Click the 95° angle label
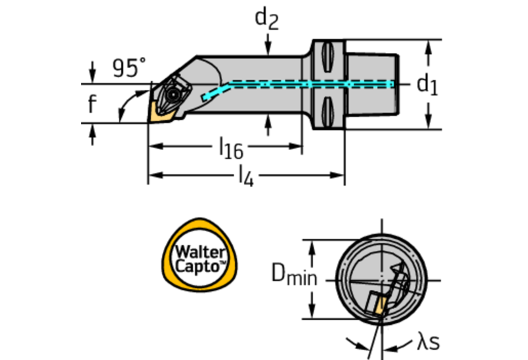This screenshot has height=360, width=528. pyautogui.click(x=129, y=68)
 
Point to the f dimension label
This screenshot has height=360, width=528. pyautogui.click(x=92, y=105)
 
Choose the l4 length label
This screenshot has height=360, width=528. pyautogui.click(x=245, y=176)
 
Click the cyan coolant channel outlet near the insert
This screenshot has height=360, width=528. pyautogui.click(x=206, y=98)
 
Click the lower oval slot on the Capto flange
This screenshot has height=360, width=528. pyautogui.click(x=328, y=108)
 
